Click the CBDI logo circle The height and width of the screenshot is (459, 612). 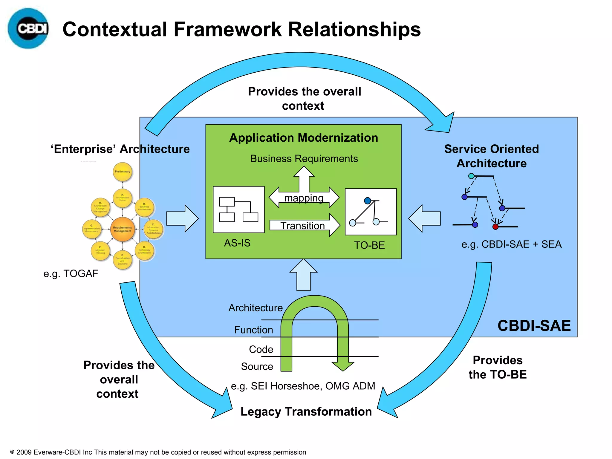[x=28, y=29]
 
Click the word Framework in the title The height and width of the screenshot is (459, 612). [x=227, y=30]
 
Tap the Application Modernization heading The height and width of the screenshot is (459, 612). [x=303, y=138]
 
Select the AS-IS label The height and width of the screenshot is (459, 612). [x=237, y=243]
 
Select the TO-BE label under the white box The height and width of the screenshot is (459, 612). [x=369, y=245]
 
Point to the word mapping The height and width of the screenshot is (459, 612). [x=304, y=198]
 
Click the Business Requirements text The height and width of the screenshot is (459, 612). [x=304, y=159]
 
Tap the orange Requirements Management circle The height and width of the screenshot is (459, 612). [x=122, y=229]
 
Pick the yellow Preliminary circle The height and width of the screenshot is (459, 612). [x=123, y=172]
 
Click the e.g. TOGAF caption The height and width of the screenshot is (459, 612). [x=71, y=273]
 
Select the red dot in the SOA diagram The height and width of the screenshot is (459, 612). [x=495, y=227]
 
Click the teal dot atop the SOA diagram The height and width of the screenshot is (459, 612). [x=471, y=176]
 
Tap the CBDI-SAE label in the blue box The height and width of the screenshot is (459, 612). [x=534, y=326]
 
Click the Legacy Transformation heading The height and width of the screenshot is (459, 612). [x=306, y=412]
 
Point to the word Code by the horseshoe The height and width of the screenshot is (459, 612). [x=261, y=349]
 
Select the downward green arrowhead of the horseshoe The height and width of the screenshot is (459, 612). [x=343, y=366]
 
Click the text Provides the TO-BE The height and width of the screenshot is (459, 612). [x=497, y=367]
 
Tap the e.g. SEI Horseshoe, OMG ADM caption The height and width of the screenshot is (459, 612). [x=303, y=386]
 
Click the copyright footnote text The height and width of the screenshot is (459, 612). [x=158, y=452]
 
